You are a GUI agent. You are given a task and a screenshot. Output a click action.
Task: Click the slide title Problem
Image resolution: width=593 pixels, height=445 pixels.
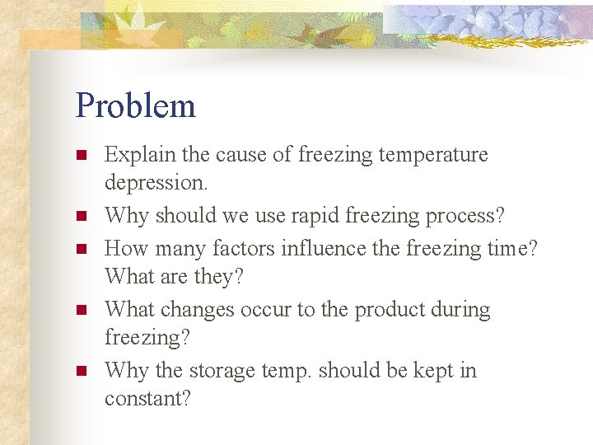tap(135, 106)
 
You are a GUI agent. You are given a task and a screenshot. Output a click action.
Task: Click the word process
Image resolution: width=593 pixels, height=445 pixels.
tap(464, 216)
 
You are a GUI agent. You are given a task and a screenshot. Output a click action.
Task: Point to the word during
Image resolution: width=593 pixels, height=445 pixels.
tap(462, 310)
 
